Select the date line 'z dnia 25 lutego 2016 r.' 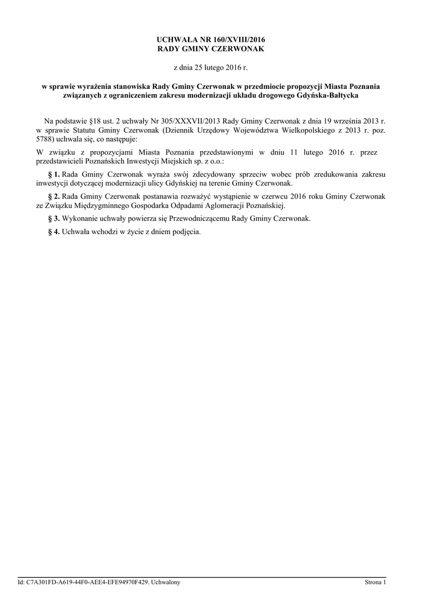coord(211,68)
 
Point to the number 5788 coord(45,140)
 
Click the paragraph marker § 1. coord(54,174)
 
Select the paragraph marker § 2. coord(54,196)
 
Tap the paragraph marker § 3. coord(54,218)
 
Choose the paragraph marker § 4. coord(54,232)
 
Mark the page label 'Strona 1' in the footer coord(375,582)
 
